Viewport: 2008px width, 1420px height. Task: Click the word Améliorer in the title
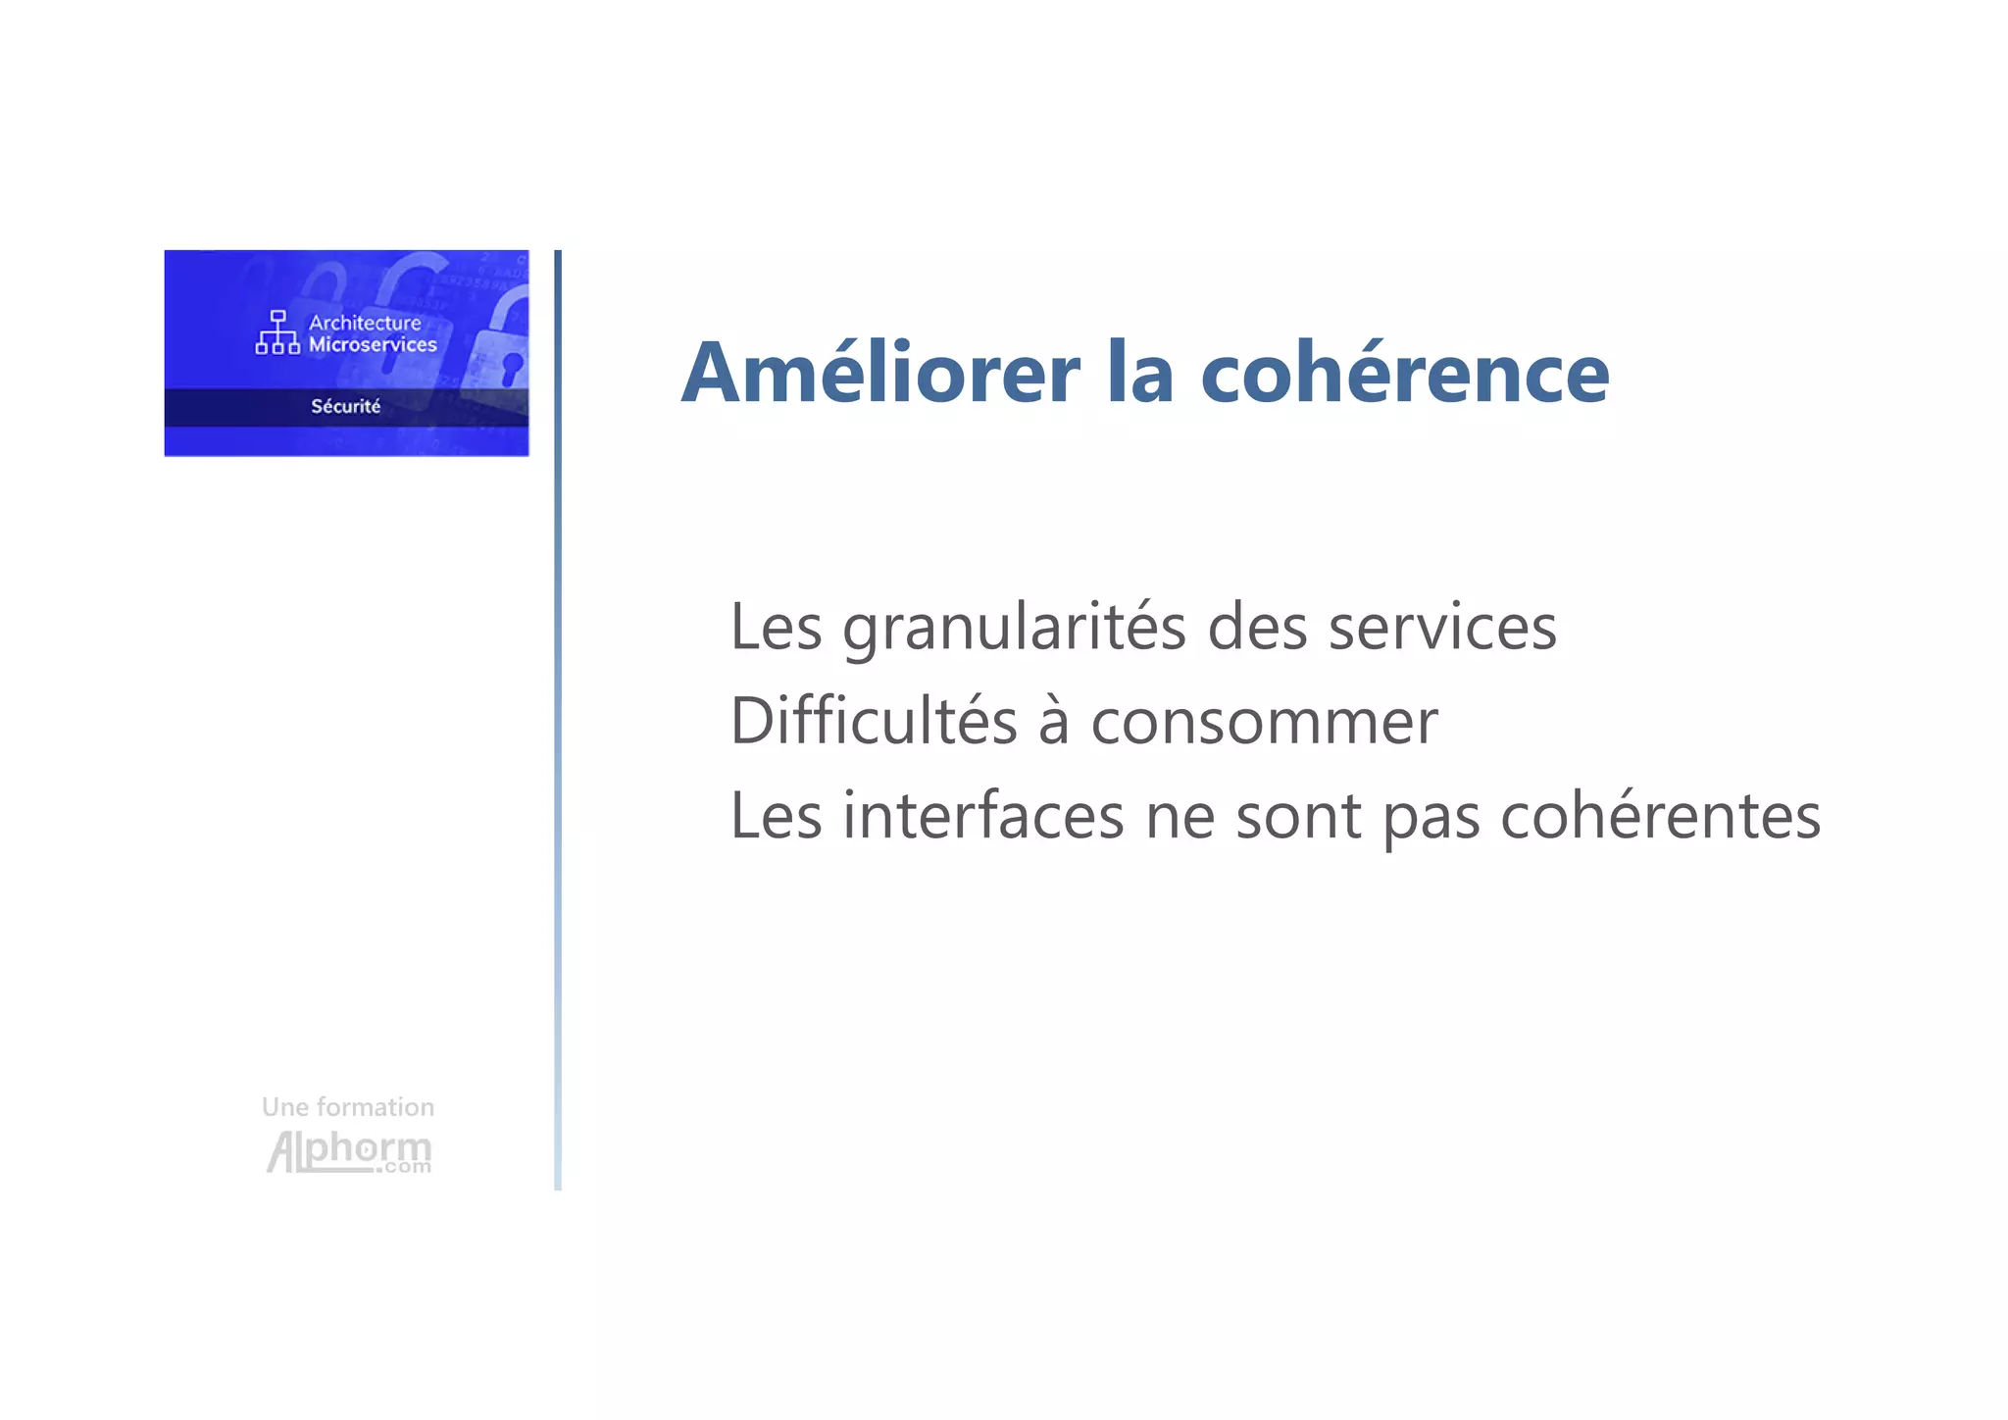pos(880,374)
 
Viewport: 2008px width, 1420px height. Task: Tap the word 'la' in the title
pos(1140,374)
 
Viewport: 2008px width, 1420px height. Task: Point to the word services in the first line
pos(1441,629)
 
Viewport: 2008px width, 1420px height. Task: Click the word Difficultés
pos(874,723)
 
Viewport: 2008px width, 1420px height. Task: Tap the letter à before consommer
pos(1053,723)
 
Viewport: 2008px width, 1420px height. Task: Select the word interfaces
pos(982,817)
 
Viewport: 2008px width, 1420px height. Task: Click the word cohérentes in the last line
pos(1660,817)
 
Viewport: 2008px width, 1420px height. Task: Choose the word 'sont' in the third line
pos(1298,817)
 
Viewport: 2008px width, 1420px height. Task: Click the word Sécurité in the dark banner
pos(345,406)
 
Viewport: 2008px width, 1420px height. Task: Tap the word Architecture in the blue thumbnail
pos(365,323)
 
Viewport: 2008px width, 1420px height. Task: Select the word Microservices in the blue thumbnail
pos(373,345)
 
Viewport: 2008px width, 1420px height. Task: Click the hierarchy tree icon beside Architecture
pos(277,332)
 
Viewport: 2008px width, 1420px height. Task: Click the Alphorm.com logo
pos(348,1151)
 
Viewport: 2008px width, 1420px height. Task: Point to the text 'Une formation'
pos(347,1107)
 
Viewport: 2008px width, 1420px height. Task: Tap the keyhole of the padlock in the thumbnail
pos(511,368)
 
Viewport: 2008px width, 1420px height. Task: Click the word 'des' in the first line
pos(1257,629)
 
